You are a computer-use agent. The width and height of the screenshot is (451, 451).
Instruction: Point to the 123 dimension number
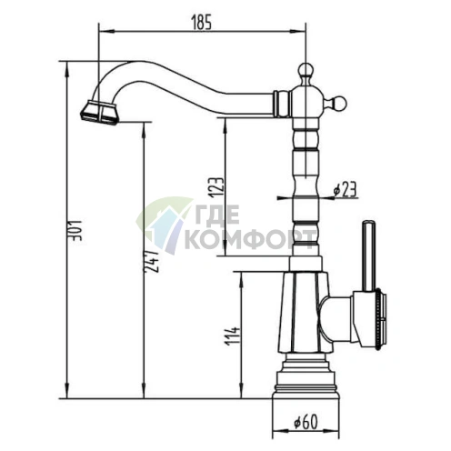point(218,187)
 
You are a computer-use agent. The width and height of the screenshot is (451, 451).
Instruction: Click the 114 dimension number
point(233,336)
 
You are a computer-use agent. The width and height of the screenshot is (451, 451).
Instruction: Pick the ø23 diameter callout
point(345,189)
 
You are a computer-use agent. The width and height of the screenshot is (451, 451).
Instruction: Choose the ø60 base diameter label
point(306,422)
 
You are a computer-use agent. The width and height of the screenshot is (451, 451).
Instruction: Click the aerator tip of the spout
point(99,113)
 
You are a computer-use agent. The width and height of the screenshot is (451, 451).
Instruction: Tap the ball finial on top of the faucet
point(306,71)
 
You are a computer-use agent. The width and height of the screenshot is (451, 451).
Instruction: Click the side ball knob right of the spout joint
point(339,104)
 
